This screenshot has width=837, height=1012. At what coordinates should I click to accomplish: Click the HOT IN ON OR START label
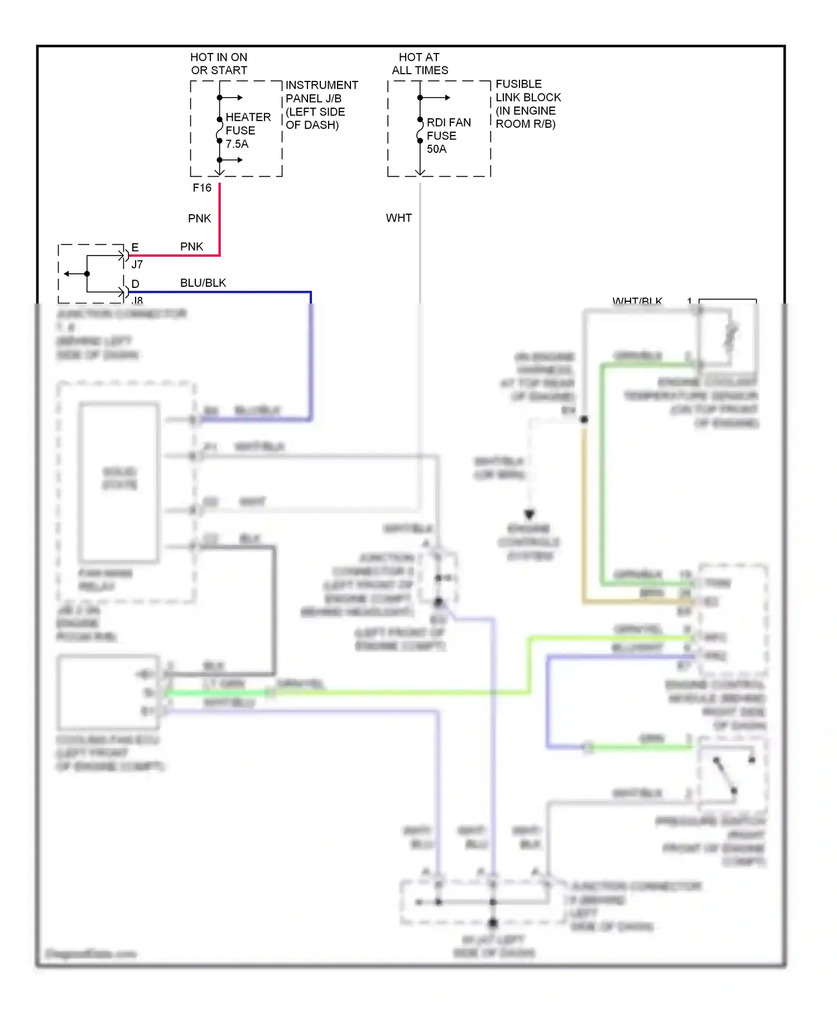point(219,64)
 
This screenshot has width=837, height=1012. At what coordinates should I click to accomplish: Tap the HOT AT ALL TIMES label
point(420,64)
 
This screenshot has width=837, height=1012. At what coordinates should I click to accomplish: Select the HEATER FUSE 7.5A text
point(247,131)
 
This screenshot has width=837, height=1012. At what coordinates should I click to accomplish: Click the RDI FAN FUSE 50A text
point(448,136)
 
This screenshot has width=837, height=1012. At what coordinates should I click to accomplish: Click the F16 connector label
point(202,188)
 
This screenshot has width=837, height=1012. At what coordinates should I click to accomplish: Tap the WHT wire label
point(398,218)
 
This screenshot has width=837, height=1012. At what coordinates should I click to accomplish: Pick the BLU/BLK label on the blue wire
point(203,283)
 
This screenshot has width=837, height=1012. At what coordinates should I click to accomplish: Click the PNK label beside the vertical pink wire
point(199,219)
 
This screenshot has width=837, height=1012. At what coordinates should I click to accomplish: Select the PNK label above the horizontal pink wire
point(191,247)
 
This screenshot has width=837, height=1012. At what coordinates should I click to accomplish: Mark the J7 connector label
point(137,264)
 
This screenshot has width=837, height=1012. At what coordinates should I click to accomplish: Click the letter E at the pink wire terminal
point(134,247)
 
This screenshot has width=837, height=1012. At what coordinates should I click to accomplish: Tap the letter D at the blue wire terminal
point(135,284)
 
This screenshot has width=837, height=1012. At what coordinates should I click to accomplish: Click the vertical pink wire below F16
point(219,218)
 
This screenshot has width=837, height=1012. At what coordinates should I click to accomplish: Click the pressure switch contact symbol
point(725,775)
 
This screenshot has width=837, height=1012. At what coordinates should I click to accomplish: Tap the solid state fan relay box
point(119,480)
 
